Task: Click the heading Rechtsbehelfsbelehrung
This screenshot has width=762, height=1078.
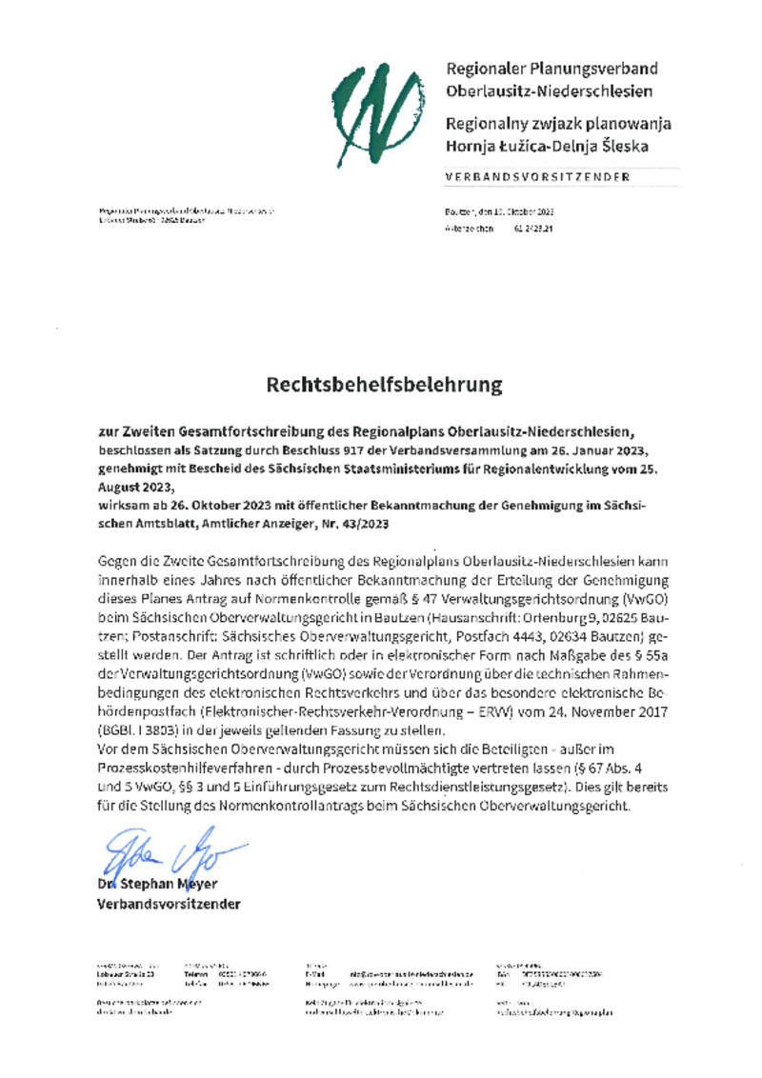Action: (x=383, y=385)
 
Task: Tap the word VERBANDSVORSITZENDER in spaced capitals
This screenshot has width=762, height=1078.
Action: (x=537, y=177)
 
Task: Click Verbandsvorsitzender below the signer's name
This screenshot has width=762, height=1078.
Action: (x=169, y=903)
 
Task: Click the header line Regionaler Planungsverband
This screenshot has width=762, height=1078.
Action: (x=551, y=69)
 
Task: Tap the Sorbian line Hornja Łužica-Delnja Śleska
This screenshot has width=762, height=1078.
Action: (x=548, y=147)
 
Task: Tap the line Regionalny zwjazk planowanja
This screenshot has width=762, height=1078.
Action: (x=558, y=124)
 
